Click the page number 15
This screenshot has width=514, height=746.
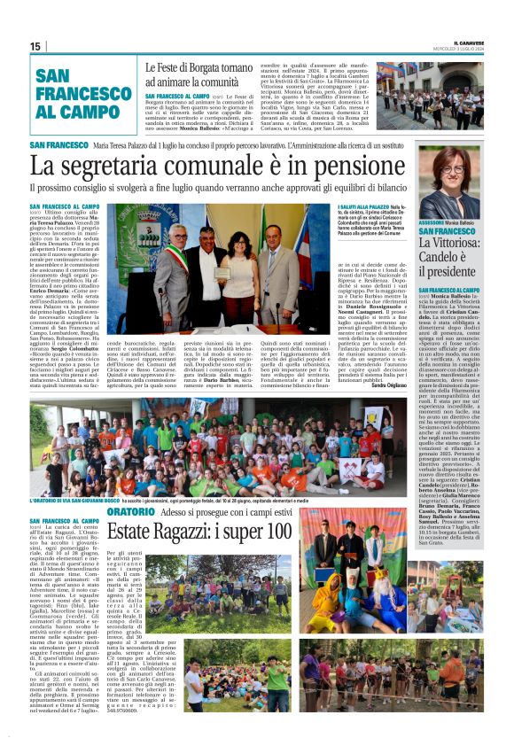tap(35, 46)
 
